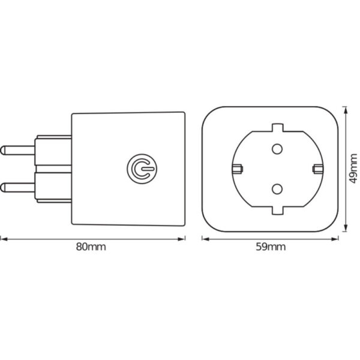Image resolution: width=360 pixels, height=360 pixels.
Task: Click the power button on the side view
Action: point(140,169)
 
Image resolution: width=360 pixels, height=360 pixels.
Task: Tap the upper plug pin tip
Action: point(5,148)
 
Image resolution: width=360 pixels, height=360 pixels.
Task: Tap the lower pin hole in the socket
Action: point(277,189)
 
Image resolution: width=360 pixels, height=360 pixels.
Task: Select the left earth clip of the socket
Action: point(236,169)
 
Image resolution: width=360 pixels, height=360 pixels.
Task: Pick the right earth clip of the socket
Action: point(317,169)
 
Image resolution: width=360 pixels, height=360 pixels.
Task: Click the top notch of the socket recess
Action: point(277,127)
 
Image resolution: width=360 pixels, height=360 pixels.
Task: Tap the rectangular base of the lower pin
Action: point(54,187)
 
